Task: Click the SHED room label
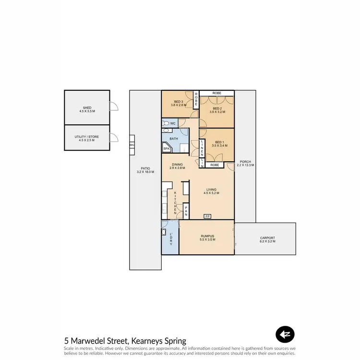tap(87, 108)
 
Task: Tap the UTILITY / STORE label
tap(87, 137)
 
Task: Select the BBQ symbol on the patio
tap(132, 144)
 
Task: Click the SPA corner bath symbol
tap(167, 149)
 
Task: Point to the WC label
tap(173, 123)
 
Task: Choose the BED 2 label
tap(217, 109)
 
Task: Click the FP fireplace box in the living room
tap(207, 216)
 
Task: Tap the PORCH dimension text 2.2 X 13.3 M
tap(245, 165)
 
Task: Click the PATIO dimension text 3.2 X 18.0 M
tap(145, 171)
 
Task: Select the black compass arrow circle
tap(285, 335)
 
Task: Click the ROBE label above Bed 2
tap(217, 93)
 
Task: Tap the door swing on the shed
tap(113, 107)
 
